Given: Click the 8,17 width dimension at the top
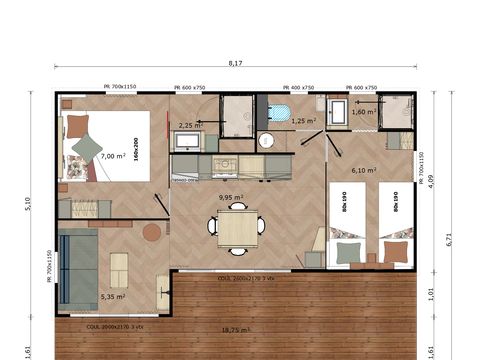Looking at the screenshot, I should [x=235, y=63].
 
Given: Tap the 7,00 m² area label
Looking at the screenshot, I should [x=113, y=156].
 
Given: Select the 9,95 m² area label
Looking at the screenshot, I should [x=232, y=198].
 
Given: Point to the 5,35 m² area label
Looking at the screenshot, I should [x=113, y=296].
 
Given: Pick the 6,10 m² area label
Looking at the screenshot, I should [x=364, y=170].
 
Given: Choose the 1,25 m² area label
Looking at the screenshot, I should [x=304, y=120].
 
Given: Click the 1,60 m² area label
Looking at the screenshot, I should [x=364, y=112].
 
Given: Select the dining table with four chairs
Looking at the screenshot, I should [x=237, y=228].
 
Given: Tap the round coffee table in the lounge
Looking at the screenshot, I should [x=151, y=232].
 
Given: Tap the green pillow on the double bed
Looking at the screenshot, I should [x=88, y=149].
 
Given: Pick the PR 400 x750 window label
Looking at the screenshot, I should [x=299, y=87].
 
